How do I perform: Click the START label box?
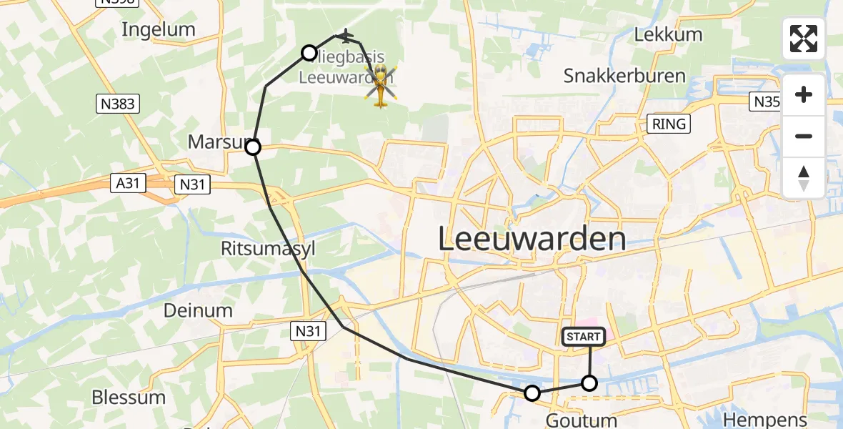click(x=585, y=336)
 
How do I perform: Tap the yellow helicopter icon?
click(x=381, y=85)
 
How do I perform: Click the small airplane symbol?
click(x=346, y=35)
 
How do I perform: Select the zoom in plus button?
click(x=804, y=95)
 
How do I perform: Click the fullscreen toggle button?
click(x=804, y=39)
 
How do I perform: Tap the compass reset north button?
click(x=804, y=178)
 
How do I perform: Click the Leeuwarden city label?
click(x=532, y=239)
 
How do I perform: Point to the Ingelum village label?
click(x=159, y=29)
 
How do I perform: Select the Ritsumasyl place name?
click(x=268, y=248)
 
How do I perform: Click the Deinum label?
click(x=198, y=310)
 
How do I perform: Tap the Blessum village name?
click(x=129, y=397)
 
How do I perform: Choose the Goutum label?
click(x=581, y=420)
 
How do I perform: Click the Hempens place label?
click(x=765, y=420)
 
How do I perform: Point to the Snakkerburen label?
click(x=624, y=76)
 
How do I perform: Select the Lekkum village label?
click(x=668, y=34)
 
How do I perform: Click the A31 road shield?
click(x=128, y=183)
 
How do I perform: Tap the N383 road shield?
click(x=117, y=104)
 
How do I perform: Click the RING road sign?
click(x=669, y=124)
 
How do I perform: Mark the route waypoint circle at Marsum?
click(x=253, y=148)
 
